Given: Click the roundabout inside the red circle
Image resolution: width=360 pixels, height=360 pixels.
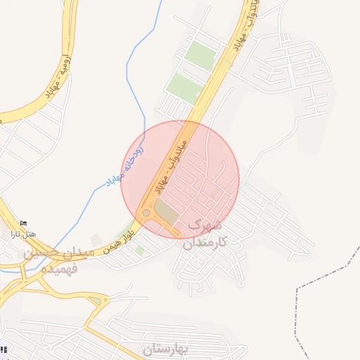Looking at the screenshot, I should tap(146, 212).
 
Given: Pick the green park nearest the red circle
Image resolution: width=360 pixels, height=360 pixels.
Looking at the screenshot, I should tap(184, 89).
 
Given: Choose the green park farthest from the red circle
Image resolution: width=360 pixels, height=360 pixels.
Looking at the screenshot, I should tap(201, 55).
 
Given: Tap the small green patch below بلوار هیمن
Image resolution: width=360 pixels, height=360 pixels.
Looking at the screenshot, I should tap(140, 250).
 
